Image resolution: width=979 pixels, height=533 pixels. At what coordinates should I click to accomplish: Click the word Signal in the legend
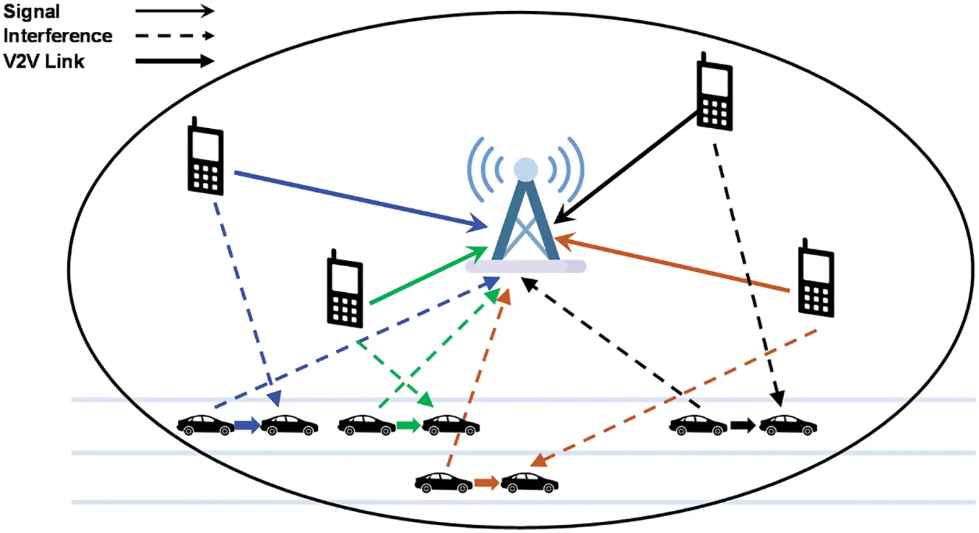tap(31, 12)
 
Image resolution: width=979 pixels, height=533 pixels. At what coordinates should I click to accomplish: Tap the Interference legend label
tap(57, 36)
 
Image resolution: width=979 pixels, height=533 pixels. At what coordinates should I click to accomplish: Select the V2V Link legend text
tap(44, 61)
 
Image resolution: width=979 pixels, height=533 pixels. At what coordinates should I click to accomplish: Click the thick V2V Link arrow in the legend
tap(174, 61)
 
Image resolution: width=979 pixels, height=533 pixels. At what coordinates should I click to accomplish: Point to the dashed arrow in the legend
tap(174, 36)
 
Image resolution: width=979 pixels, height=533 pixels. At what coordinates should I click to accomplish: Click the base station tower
tap(525, 221)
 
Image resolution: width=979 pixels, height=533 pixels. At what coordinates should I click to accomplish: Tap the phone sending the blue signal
tap(206, 157)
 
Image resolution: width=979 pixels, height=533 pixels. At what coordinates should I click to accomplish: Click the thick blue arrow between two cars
tap(247, 426)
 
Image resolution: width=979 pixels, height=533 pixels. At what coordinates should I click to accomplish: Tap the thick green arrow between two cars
tap(408, 426)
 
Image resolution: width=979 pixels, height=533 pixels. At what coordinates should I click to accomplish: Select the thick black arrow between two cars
tap(743, 426)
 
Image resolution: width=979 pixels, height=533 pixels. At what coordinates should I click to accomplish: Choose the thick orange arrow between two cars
tap(486, 483)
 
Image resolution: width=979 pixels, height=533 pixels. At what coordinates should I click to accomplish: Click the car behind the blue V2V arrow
tap(206, 426)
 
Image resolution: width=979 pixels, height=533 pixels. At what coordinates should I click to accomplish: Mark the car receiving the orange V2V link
tap(529, 483)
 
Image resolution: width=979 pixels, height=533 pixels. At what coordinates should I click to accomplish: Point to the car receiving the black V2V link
tap(788, 426)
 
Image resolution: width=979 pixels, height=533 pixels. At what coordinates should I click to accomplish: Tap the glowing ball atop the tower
tap(525, 170)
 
